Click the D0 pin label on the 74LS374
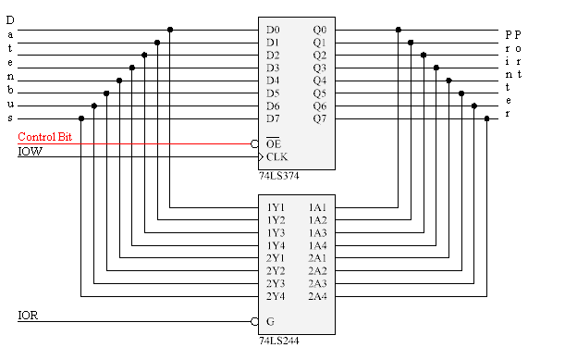coord(273,30)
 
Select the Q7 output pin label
coord(320,118)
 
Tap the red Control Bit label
coord(44,137)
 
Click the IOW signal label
coord(30,152)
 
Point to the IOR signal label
coord(28,316)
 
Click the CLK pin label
coord(276,157)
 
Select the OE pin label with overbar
coord(273,143)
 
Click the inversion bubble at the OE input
coord(254,144)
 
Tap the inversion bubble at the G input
coord(254,321)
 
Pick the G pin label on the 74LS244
coord(270,321)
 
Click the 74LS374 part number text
coord(279,176)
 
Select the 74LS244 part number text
coord(279,341)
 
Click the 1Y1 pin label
coord(276,207)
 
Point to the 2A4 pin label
coord(317,296)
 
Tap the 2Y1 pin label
coord(276,258)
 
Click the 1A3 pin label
coord(317,232)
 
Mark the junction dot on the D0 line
coord(170,30)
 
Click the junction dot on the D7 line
coord(81,118)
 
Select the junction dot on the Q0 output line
coord(399,30)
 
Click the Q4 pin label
coord(320,81)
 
